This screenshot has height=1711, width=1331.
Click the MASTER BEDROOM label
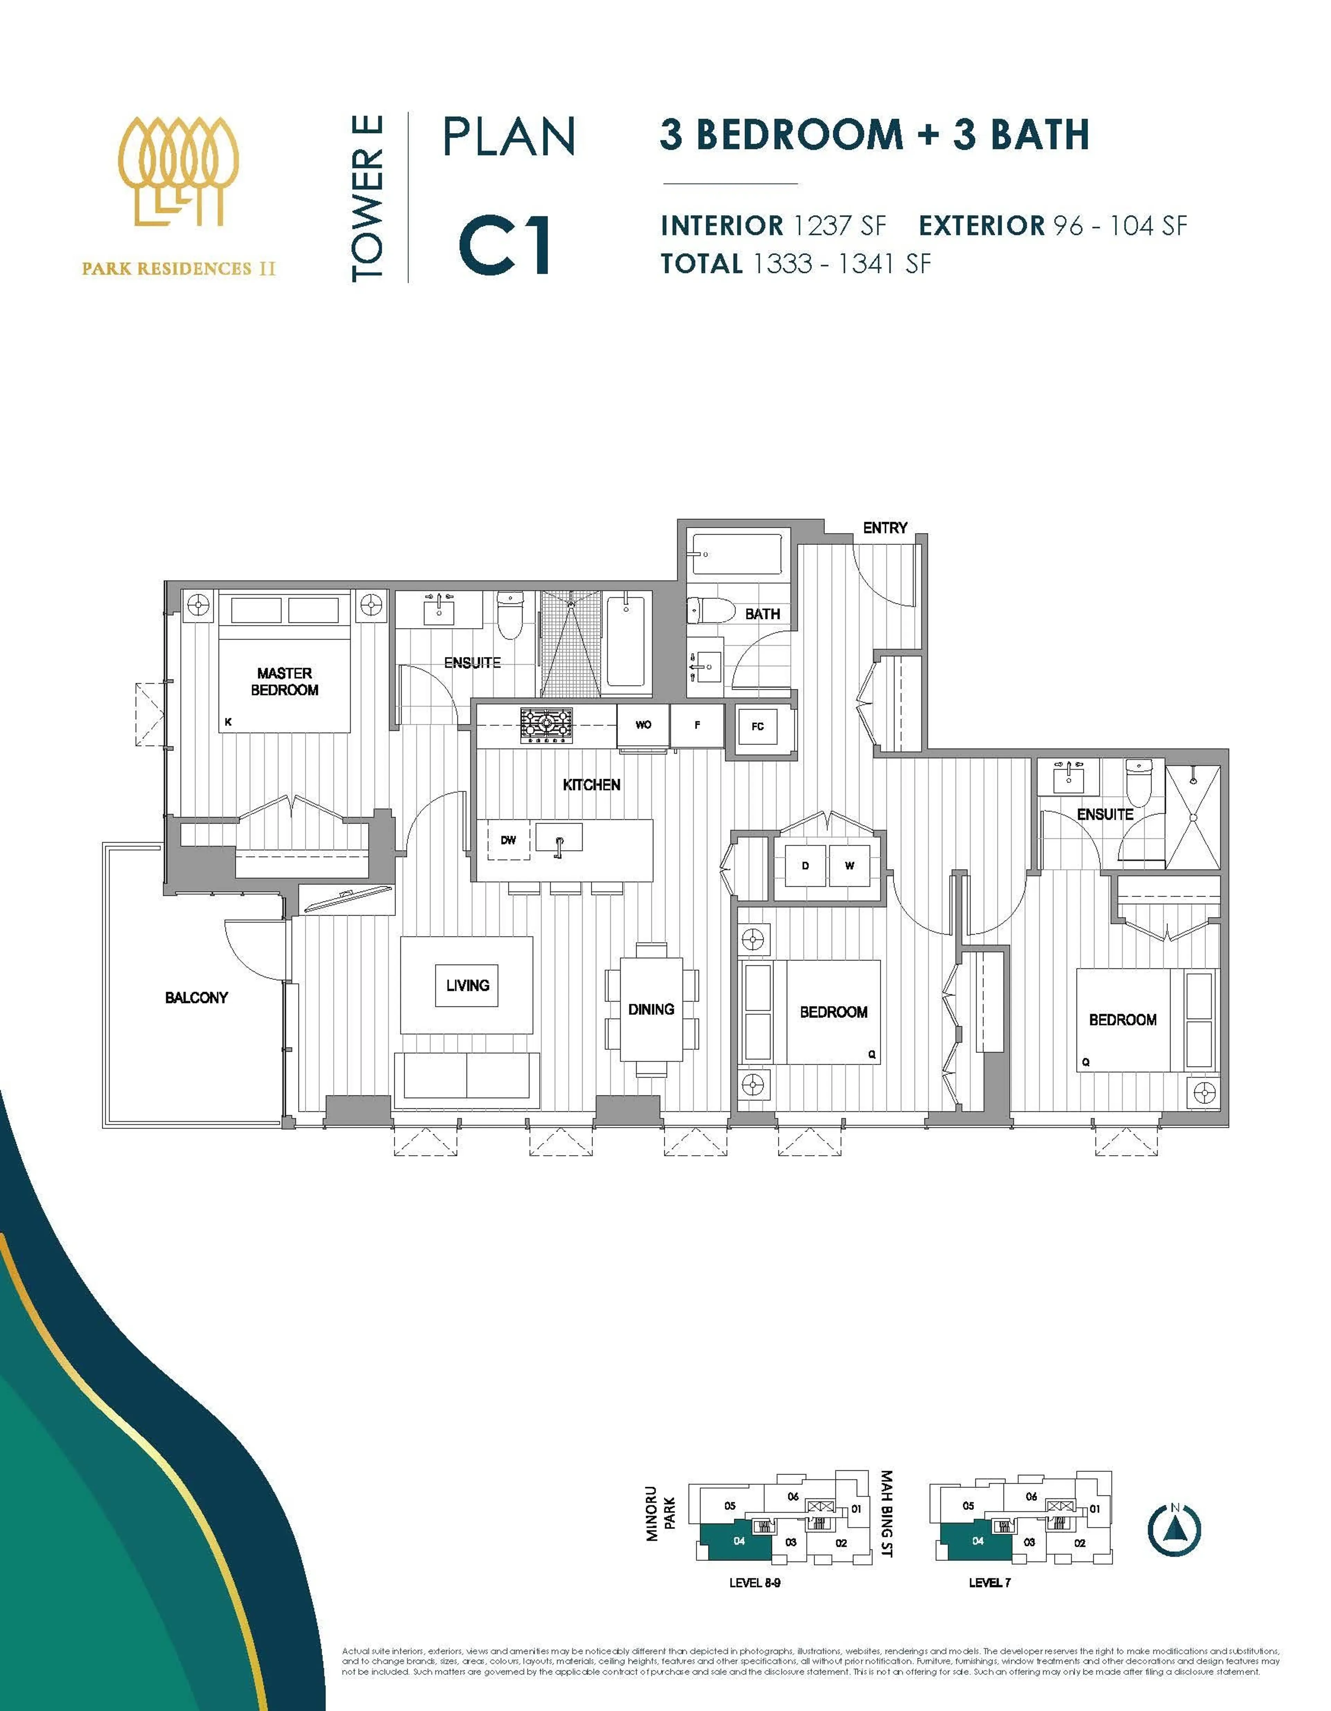point(284,682)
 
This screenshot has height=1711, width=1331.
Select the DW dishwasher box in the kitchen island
point(508,840)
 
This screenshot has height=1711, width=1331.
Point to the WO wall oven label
point(643,725)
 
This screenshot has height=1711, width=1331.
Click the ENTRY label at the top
point(885,528)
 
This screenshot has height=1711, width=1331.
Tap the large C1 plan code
point(505,245)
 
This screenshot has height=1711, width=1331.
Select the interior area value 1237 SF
point(839,226)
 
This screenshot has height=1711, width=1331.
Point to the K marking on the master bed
point(228,722)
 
